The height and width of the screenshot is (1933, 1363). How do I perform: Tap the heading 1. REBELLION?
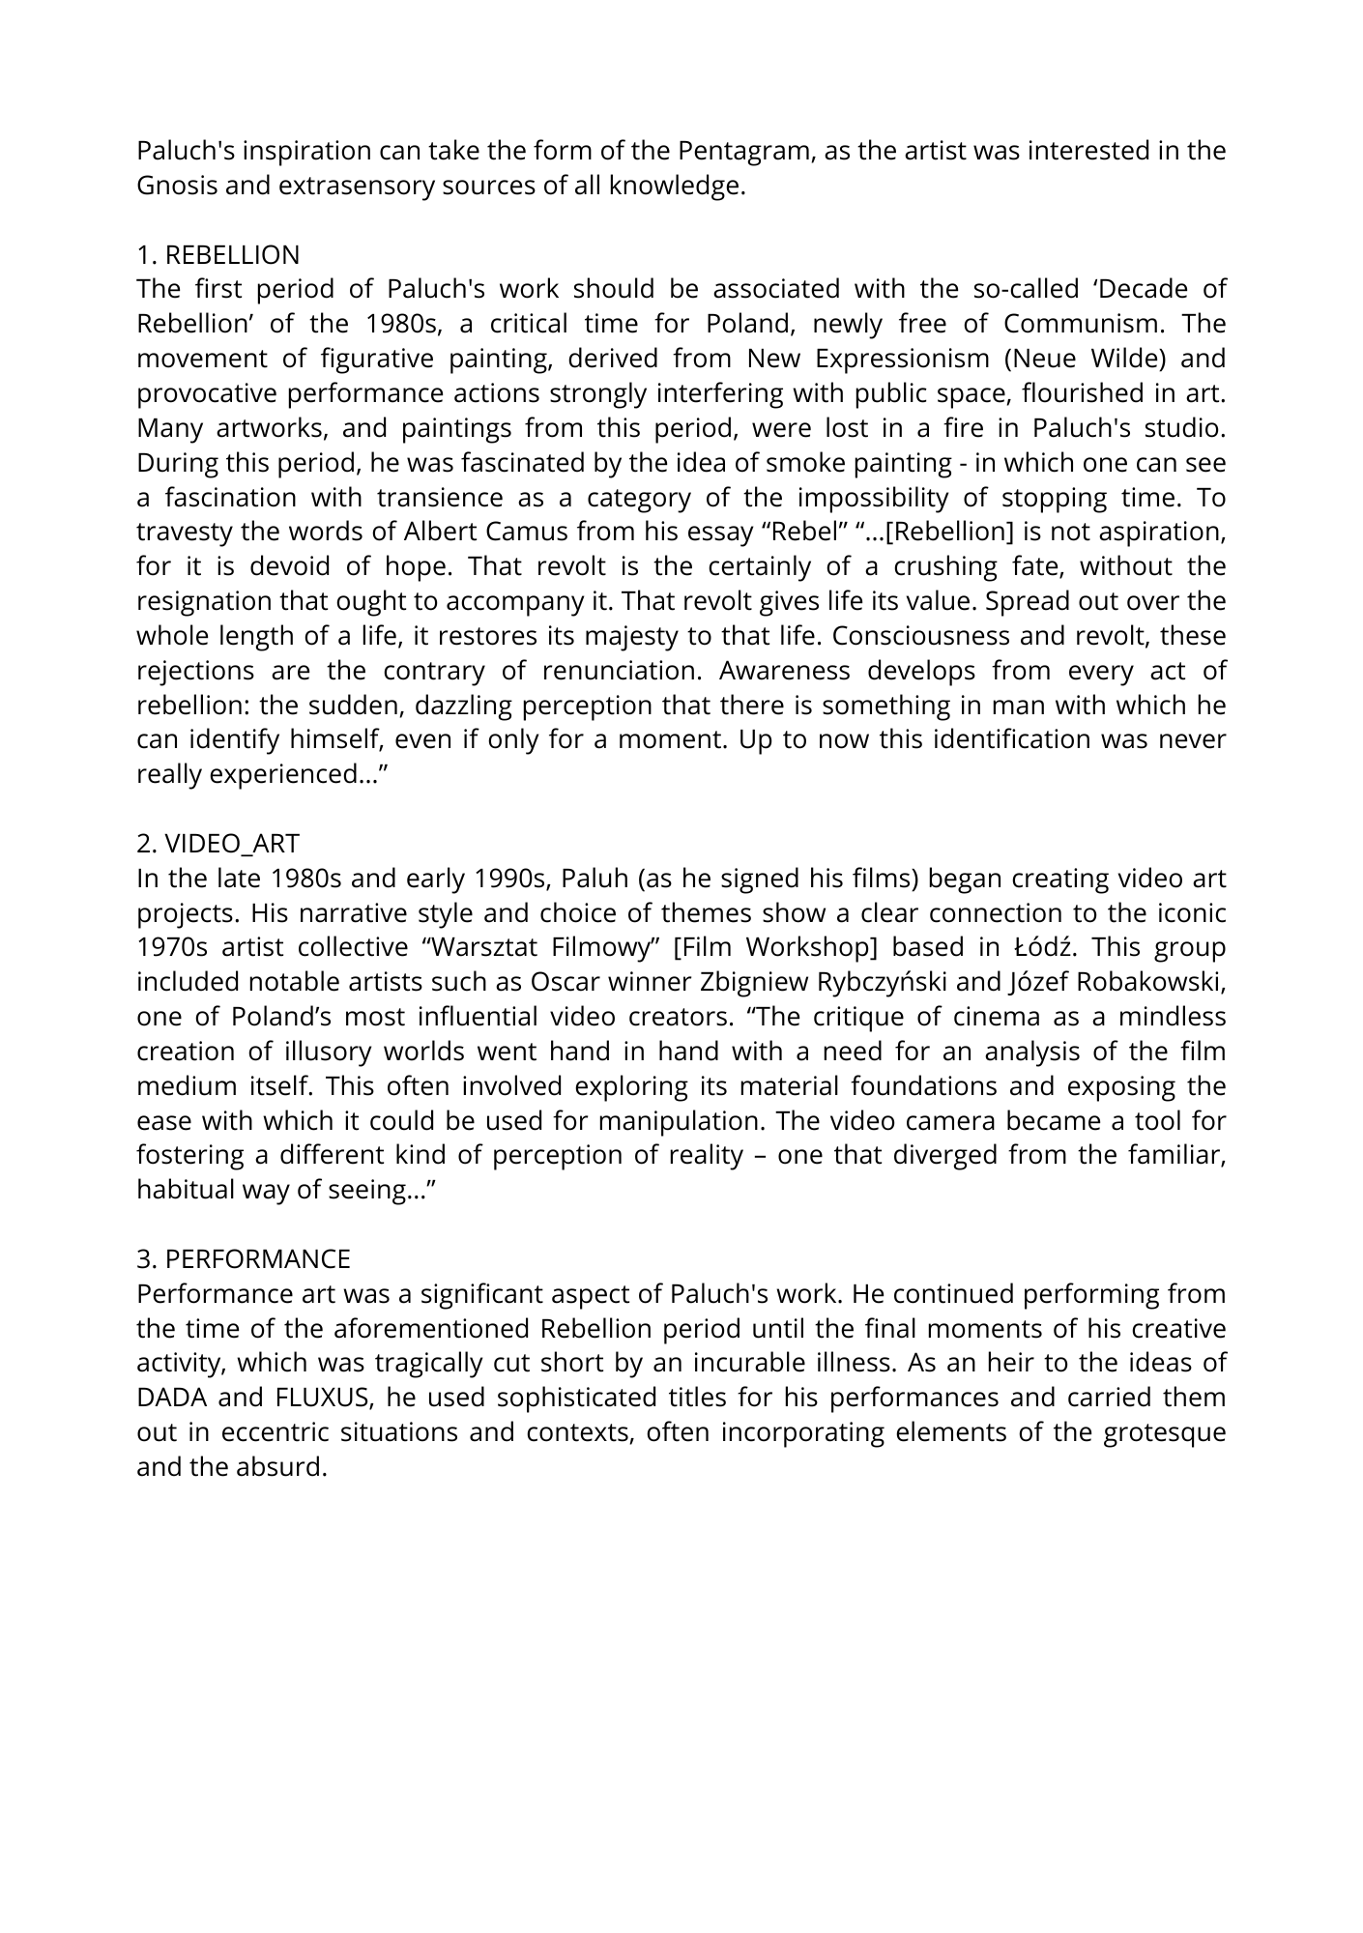click(218, 255)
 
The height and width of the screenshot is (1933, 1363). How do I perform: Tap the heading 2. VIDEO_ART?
click(218, 844)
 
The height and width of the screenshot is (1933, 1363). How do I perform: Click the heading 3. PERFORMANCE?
click(244, 1259)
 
